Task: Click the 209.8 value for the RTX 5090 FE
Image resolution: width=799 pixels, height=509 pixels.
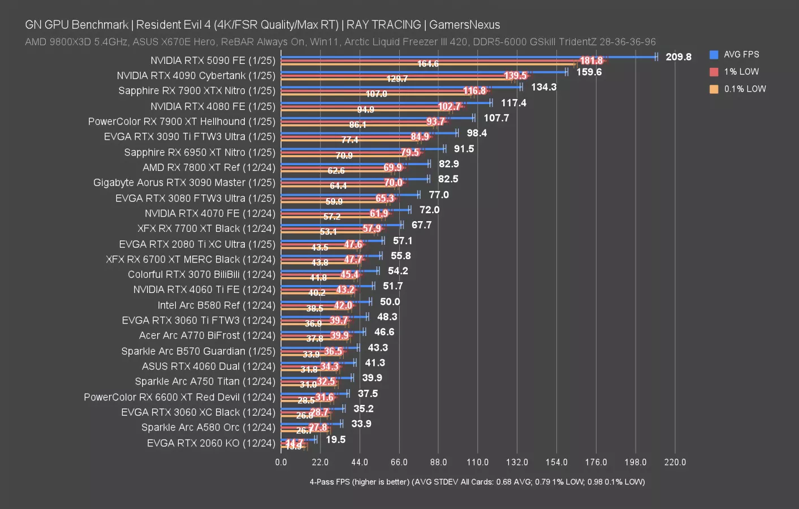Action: [678, 57]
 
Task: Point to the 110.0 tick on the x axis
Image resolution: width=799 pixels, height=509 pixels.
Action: [477, 462]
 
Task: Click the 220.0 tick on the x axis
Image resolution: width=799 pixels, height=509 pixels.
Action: [675, 462]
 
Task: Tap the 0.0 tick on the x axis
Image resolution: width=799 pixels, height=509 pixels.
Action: [281, 462]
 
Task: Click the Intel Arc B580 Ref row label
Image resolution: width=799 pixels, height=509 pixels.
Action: [216, 305]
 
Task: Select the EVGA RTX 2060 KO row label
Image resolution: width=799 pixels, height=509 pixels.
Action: [211, 443]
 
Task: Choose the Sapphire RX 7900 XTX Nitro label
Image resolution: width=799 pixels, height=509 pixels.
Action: [197, 90]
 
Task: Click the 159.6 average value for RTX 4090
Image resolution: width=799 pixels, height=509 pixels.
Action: [589, 72]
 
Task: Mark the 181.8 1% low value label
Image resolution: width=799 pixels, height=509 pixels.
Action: [591, 61]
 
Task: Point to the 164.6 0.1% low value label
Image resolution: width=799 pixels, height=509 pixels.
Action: [428, 64]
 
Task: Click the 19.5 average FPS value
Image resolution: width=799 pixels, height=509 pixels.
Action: [335, 439]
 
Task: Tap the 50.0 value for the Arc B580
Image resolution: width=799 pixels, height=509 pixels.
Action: [390, 301]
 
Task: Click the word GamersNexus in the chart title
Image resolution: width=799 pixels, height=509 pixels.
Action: [464, 25]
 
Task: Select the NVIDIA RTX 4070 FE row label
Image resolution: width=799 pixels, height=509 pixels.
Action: [210, 213]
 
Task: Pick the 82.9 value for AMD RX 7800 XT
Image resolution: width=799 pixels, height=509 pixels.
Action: [448, 163]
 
